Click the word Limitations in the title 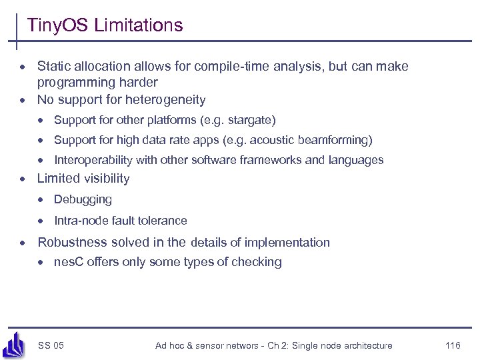(139, 26)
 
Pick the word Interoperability (95, 160)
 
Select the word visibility (107, 179)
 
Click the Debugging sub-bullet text (83, 200)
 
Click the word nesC (68, 262)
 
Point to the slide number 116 (453, 345)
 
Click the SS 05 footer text (51, 345)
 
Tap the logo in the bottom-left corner (14, 344)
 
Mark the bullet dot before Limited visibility (23, 179)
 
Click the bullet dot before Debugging (41, 200)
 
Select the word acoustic (277, 140)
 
